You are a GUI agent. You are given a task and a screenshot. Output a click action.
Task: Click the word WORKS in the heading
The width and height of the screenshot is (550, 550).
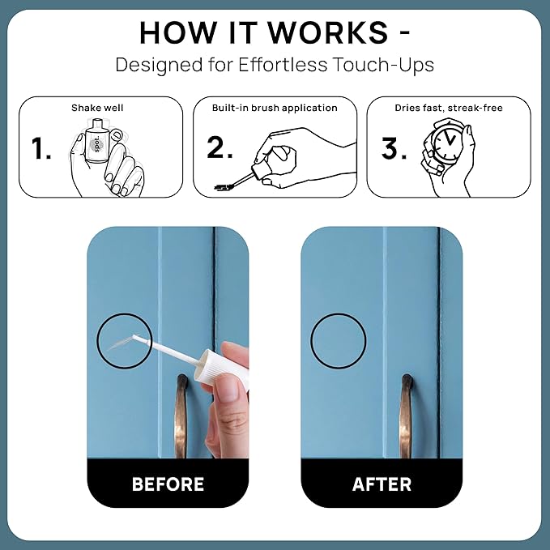coord(328,32)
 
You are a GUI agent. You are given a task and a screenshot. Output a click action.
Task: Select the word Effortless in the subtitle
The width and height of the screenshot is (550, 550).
coord(283,65)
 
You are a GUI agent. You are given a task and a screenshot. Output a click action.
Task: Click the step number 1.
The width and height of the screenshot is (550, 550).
coord(41,149)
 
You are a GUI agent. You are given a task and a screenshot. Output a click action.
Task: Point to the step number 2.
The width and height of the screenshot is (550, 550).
coord(220,147)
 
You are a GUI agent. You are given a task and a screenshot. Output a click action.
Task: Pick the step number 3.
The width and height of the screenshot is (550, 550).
coord(394,148)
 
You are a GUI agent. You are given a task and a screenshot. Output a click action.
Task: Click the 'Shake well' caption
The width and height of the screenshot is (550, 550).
coord(97,108)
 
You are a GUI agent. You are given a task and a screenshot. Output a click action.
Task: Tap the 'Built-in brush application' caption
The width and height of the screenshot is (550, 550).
coord(275,108)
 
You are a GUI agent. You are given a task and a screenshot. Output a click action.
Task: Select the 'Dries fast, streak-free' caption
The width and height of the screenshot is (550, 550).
coord(449,108)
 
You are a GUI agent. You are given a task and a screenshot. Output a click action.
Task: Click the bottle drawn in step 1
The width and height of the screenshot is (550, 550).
coord(96,142)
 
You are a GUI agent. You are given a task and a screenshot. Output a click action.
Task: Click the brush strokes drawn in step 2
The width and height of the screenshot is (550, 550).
coord(224,187)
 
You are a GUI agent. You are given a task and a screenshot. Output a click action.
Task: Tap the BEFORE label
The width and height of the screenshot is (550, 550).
coord(168,484)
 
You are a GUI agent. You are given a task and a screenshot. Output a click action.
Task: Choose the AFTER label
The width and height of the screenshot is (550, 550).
coord(382,484)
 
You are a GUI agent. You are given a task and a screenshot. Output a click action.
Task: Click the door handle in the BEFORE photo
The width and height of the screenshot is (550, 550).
coord(181,416)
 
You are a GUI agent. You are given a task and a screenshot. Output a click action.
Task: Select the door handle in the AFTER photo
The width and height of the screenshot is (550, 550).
coord(406,416)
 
